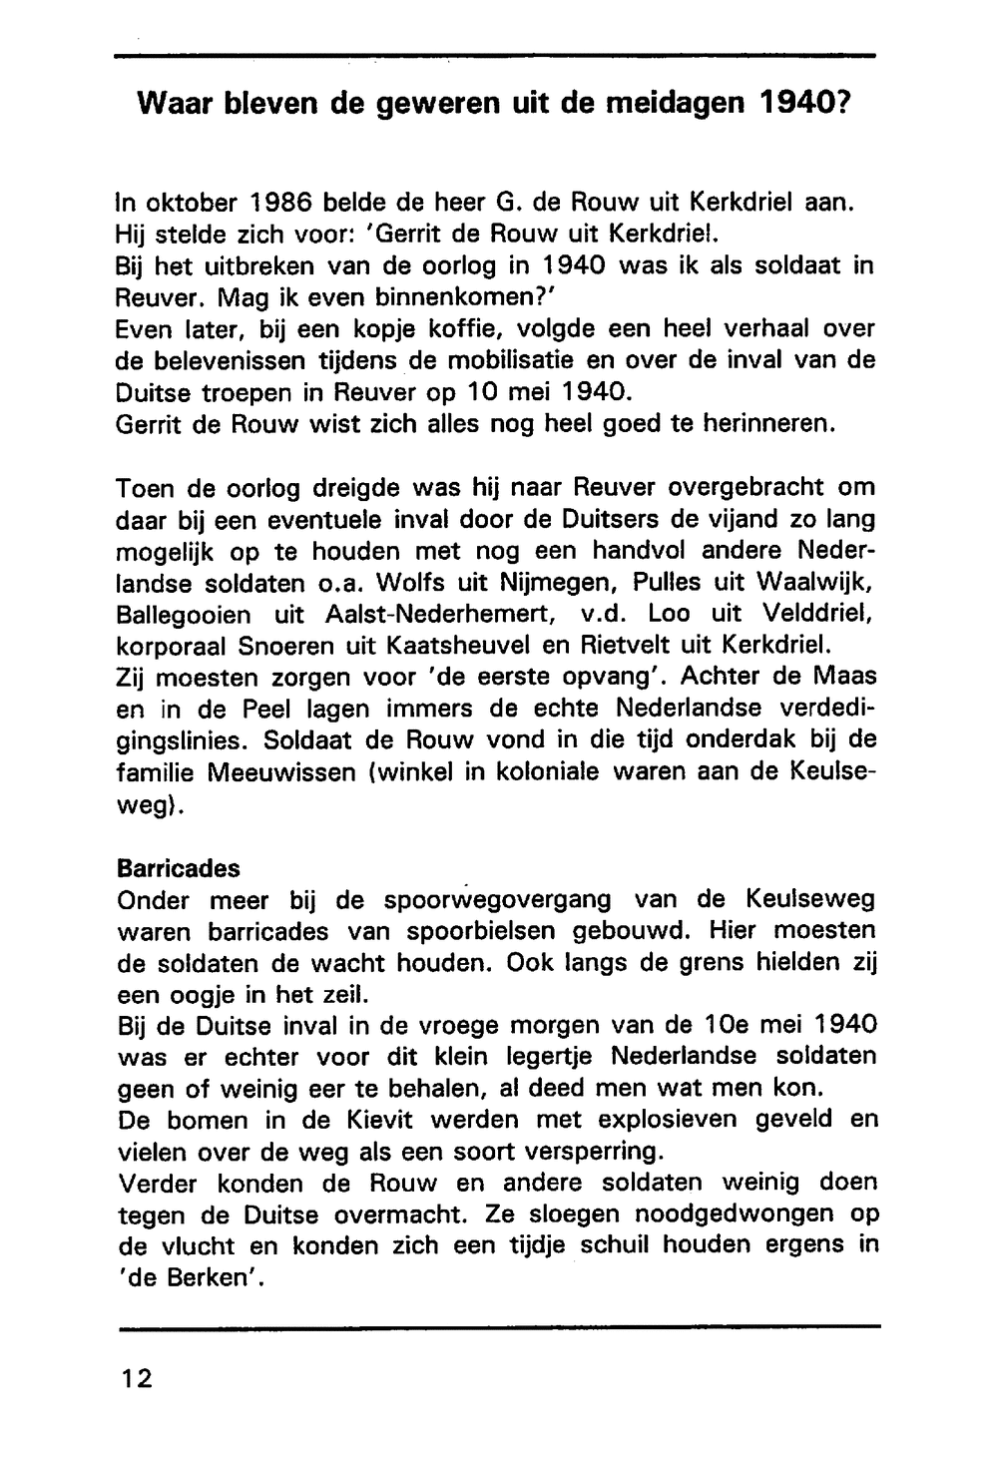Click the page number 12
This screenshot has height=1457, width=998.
(x=136, y=1379)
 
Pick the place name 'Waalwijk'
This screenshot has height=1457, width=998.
(x=817, y=582)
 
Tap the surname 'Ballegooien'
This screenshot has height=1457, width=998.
(x=184, y=614)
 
